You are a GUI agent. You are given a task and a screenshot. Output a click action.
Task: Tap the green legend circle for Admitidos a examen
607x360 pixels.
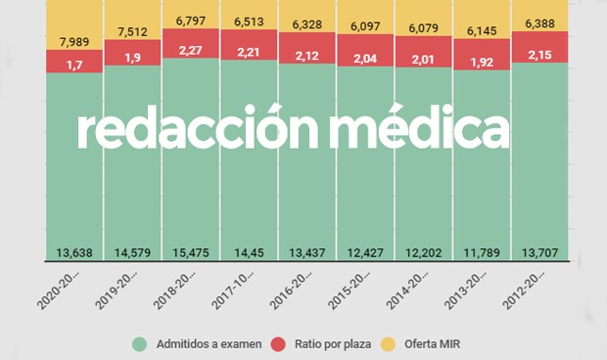[x=139, y=343]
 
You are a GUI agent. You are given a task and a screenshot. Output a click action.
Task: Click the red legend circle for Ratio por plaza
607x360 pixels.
[x=277, y=343]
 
